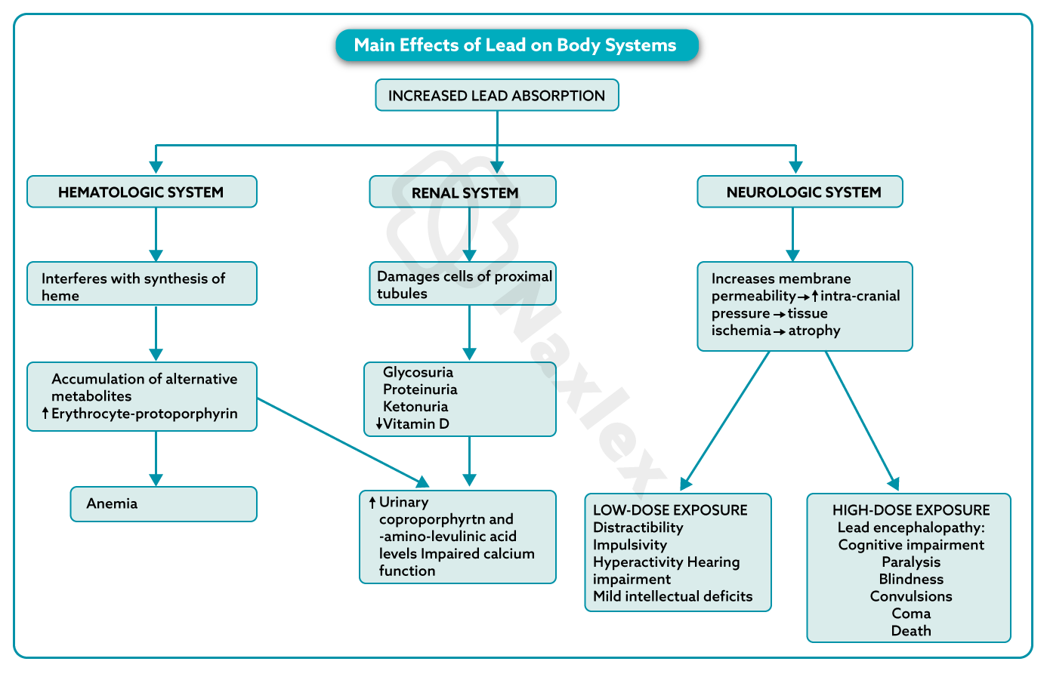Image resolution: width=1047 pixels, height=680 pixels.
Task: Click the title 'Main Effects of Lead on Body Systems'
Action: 516,45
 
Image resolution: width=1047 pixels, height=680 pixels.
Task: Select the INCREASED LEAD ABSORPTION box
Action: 496,96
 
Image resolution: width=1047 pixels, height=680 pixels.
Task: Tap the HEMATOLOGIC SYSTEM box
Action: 141,192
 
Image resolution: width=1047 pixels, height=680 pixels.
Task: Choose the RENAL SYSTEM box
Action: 463,192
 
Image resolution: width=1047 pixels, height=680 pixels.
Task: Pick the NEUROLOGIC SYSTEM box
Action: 800,192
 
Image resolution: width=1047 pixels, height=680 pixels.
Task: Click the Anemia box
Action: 163,504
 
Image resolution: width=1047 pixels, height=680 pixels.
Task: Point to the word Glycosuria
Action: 418,372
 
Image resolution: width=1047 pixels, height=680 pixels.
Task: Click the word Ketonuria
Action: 415,407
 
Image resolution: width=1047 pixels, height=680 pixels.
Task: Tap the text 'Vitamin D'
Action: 416,424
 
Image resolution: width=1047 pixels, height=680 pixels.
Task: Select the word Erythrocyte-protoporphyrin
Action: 144,414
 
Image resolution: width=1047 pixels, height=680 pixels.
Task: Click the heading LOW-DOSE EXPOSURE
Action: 670,510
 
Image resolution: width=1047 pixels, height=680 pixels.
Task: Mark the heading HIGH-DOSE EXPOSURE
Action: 911,510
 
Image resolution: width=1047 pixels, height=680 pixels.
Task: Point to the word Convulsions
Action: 911,596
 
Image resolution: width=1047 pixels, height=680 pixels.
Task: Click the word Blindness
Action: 911,579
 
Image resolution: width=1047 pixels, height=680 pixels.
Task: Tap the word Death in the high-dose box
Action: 911,631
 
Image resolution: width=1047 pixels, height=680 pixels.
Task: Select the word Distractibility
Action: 638,528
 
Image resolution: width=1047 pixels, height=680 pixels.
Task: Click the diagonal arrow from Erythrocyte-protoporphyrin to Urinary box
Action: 340,441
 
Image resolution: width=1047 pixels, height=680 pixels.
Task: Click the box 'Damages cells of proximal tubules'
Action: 463,285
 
